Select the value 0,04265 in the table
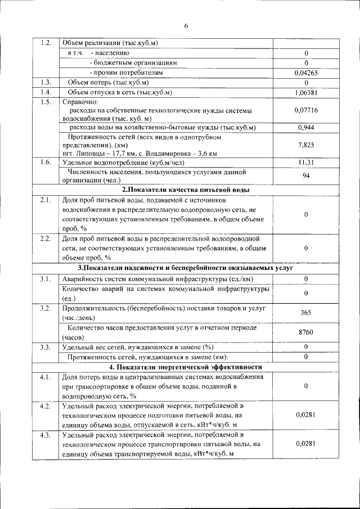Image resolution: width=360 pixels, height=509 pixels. [x=306, y=73]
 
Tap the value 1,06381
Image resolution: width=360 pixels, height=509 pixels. [x=306, y=92]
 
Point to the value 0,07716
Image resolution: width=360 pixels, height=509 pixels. [x=306, y=110]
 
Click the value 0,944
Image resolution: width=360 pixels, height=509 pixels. [x=306, y=128]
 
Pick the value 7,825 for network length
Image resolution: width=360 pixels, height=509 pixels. [x=306, y=145]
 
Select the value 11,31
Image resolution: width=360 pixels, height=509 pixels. [x=306, y=163]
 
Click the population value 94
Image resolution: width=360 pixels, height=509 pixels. [x=306, y=175]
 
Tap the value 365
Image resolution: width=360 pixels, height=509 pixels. [x=306, y=313]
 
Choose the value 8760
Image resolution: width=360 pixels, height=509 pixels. [x=306, y=332]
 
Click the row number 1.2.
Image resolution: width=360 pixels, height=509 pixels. [x=47, y=43]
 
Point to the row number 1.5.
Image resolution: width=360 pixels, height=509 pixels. [x=47, y=102]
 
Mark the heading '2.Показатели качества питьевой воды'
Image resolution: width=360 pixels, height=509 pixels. [x=186, y=190]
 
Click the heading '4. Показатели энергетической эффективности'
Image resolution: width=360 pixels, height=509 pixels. [x=186, y=366]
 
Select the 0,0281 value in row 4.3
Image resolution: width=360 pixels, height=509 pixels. [x=306, y=444]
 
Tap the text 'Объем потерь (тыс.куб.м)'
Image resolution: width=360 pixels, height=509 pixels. [x=108, y=83]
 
